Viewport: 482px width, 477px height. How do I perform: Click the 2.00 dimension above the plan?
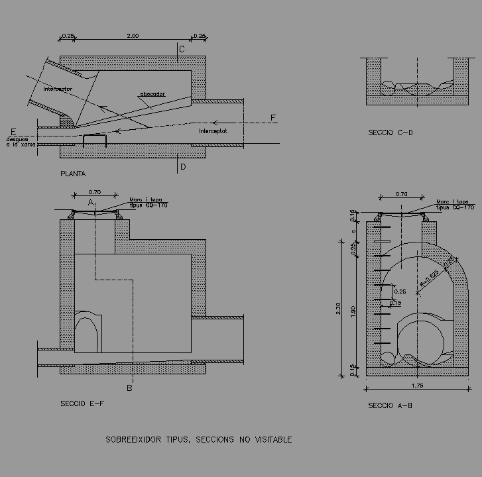point(132,36)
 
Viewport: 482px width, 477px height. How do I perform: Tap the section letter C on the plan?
point(182,49)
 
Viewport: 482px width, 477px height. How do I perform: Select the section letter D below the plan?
point(183,167)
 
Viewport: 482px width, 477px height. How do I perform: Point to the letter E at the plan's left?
point(13,131)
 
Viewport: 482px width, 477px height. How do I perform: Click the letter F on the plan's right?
point(272,118)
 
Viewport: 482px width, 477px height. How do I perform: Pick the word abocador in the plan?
point(152,95)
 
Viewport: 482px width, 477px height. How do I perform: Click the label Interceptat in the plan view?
point(213,131)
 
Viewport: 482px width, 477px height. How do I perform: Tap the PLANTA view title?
point(73,174)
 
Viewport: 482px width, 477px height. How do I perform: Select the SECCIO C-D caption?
point(391,133)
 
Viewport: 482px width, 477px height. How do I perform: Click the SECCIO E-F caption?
point(82,403)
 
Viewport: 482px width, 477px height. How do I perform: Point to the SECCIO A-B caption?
point(391,405)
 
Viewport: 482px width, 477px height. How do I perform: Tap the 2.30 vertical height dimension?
point(339,308)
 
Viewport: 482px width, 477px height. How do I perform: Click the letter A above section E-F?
point(91,202)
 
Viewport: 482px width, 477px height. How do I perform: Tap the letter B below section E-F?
point(130,388)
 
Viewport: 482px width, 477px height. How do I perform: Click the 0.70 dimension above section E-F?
point(95,192)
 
